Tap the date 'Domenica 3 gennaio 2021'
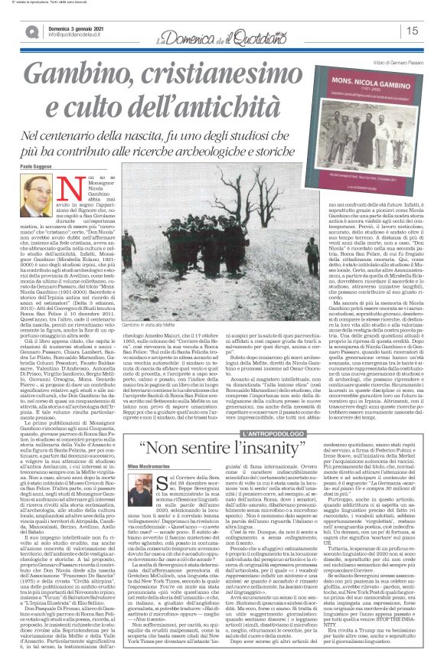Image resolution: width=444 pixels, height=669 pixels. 75,25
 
